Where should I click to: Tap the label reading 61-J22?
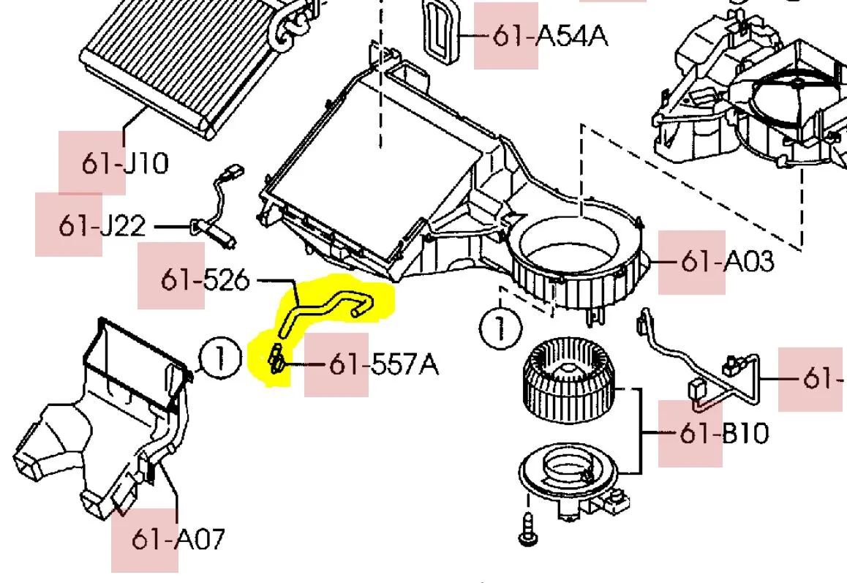coord(102,226)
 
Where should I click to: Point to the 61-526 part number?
coord(205,279)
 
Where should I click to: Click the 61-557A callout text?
coord(383,364)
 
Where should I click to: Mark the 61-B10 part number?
coord(723,434)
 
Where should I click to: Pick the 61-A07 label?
coord(178,540)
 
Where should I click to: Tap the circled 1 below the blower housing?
coord(500,329)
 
